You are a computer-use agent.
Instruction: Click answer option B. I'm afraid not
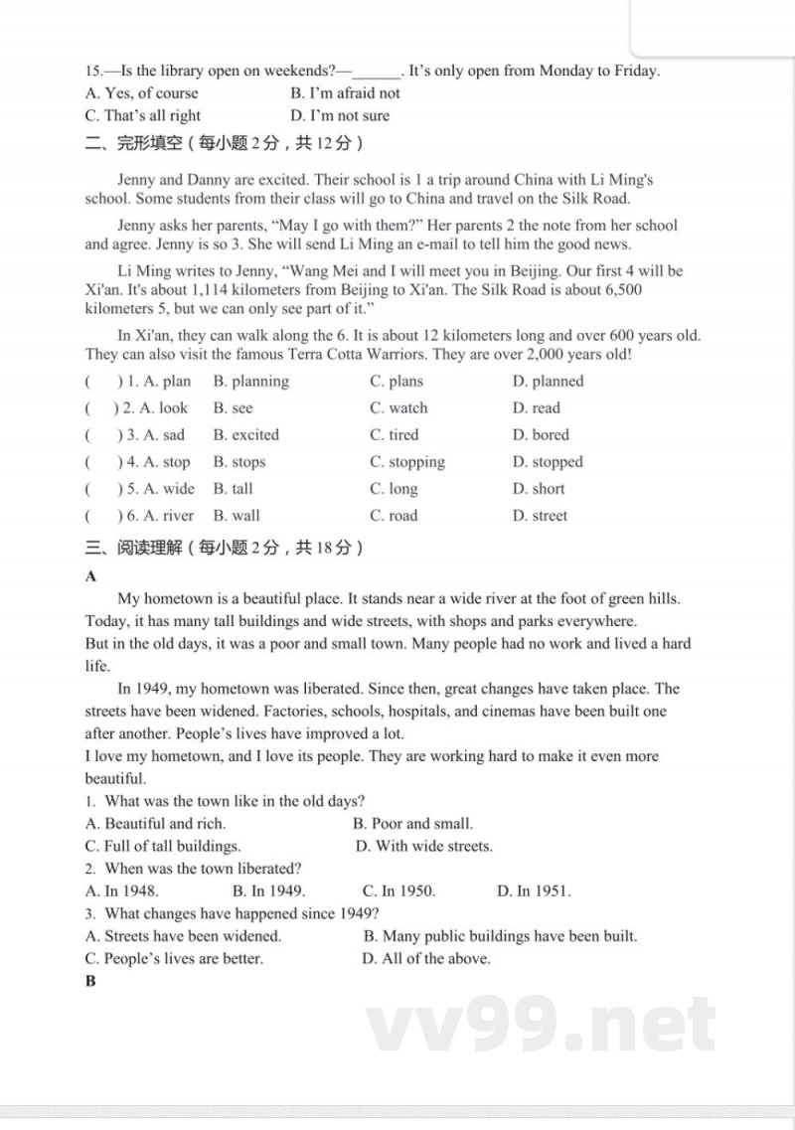pos(345,93)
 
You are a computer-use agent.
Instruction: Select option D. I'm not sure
pos(340,115)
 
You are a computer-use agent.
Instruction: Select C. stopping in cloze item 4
pos(407,462)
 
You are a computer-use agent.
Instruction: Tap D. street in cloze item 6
pos(540,516)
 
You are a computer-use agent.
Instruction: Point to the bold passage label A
pos(91,576)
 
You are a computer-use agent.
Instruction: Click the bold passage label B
pos(91,982)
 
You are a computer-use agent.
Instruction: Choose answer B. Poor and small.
pos(412,824)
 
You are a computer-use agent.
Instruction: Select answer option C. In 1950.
pos(398,891)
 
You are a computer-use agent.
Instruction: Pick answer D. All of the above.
pos(425,959)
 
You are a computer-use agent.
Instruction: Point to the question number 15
pos(94,71)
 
